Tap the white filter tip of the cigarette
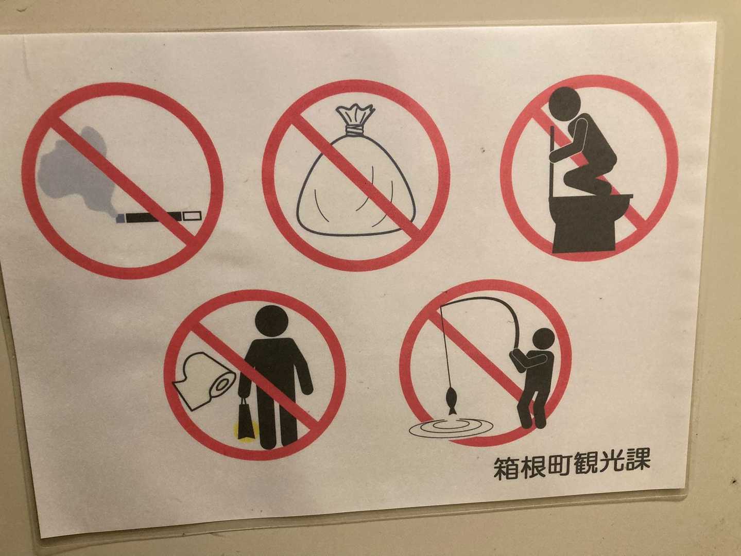193,216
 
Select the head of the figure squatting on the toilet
565,104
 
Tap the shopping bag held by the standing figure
246,421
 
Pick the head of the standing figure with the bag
272,321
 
